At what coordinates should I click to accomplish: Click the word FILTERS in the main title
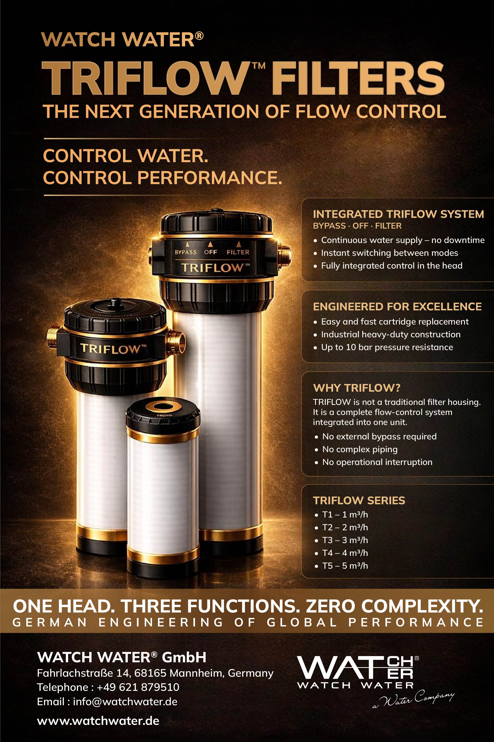pos(358,79)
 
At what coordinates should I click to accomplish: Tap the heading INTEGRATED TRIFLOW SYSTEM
pos(398,214)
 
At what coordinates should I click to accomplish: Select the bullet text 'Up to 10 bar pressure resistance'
pos(387,347)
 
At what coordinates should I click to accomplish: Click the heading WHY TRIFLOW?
pos(356,388)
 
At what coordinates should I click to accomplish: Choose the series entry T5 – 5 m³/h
pos(345,565)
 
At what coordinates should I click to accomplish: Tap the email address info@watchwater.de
pos(125,702)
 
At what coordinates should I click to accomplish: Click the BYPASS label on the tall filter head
pos(186,252)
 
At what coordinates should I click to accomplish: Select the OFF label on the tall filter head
pos(211,252)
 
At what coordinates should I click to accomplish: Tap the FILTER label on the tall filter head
pos(238,252)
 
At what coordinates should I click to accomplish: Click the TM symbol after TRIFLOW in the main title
pos(258,66)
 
